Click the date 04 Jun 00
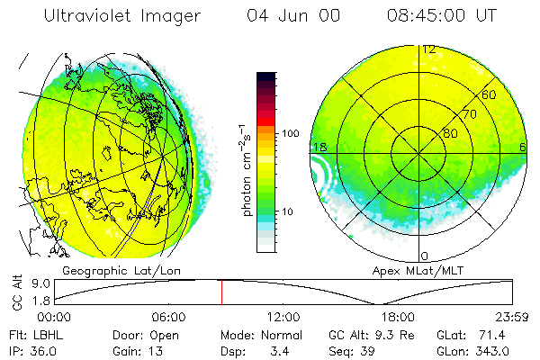tap(282, 16)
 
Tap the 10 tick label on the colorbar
tap(288, 211)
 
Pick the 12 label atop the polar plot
tap(430, 49)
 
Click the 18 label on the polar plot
tap(319, 147)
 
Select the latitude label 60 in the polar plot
tap(490, 94)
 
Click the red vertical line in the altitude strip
tap(221, 292)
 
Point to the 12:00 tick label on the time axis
tap(283, 316)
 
